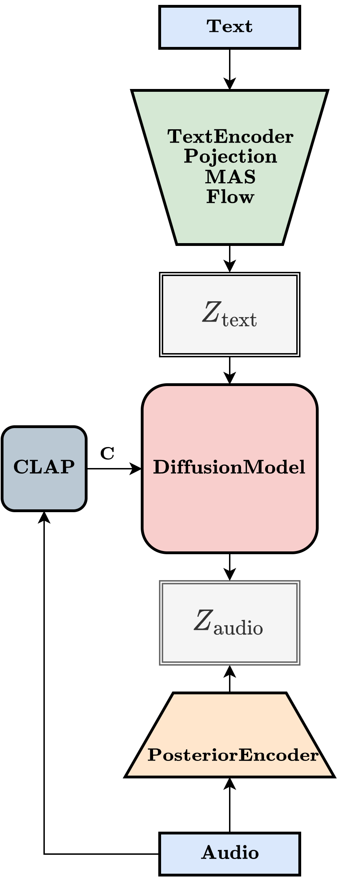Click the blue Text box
[229, 27]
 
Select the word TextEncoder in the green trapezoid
[230, 137]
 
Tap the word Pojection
[230, 156]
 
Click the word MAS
[230, 177]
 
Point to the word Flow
[230, 197]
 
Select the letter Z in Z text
[211, 312]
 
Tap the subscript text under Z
[239, 320]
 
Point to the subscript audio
[238, 628]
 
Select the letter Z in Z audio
[203, 620]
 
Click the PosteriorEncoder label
[233, 755]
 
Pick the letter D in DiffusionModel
[160, 467]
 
